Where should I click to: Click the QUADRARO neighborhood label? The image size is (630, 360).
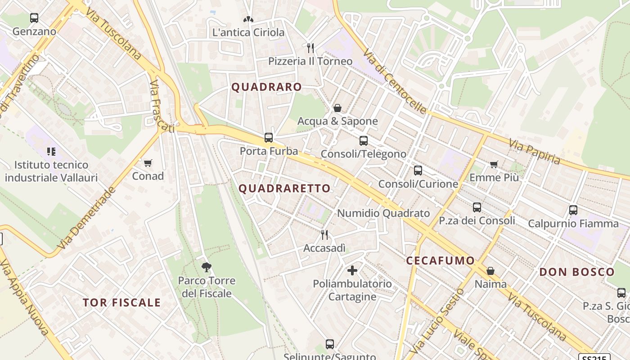click(x=266, y=87)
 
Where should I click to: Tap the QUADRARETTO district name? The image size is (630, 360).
click(x=284, y=188)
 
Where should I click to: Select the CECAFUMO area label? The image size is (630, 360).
click(x=440, y=260)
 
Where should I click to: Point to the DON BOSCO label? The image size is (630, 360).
click(x=576, y=272)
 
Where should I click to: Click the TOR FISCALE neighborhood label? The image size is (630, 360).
click(x=121, y=302)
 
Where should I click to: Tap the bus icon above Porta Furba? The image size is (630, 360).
click(x=269, y=137)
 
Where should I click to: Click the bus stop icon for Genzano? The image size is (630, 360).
click(x=34, y=18)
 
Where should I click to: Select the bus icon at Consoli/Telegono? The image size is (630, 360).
click(x=363, y=140)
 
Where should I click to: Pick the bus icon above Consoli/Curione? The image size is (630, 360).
click(x=418, y=171)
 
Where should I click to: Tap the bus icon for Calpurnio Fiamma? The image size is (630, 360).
click(x=573, y=210)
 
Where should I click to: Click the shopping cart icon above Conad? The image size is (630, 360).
click(x=148, y=162)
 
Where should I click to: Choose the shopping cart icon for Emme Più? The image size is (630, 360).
click(x=494, y=164)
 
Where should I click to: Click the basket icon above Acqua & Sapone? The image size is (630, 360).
click(x=337, y=108)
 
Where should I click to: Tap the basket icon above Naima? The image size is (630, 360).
click(x=490, y=271)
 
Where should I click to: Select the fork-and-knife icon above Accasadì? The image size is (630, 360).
click(x=324, y=234)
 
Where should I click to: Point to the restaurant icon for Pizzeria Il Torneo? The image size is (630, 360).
click(x=310, y=48)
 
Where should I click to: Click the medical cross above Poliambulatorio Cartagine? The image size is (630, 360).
click(x=352, y=270)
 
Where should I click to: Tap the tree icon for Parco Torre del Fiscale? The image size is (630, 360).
click(x=207, y=267)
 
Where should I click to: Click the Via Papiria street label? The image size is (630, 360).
click(x=535, y=152)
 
